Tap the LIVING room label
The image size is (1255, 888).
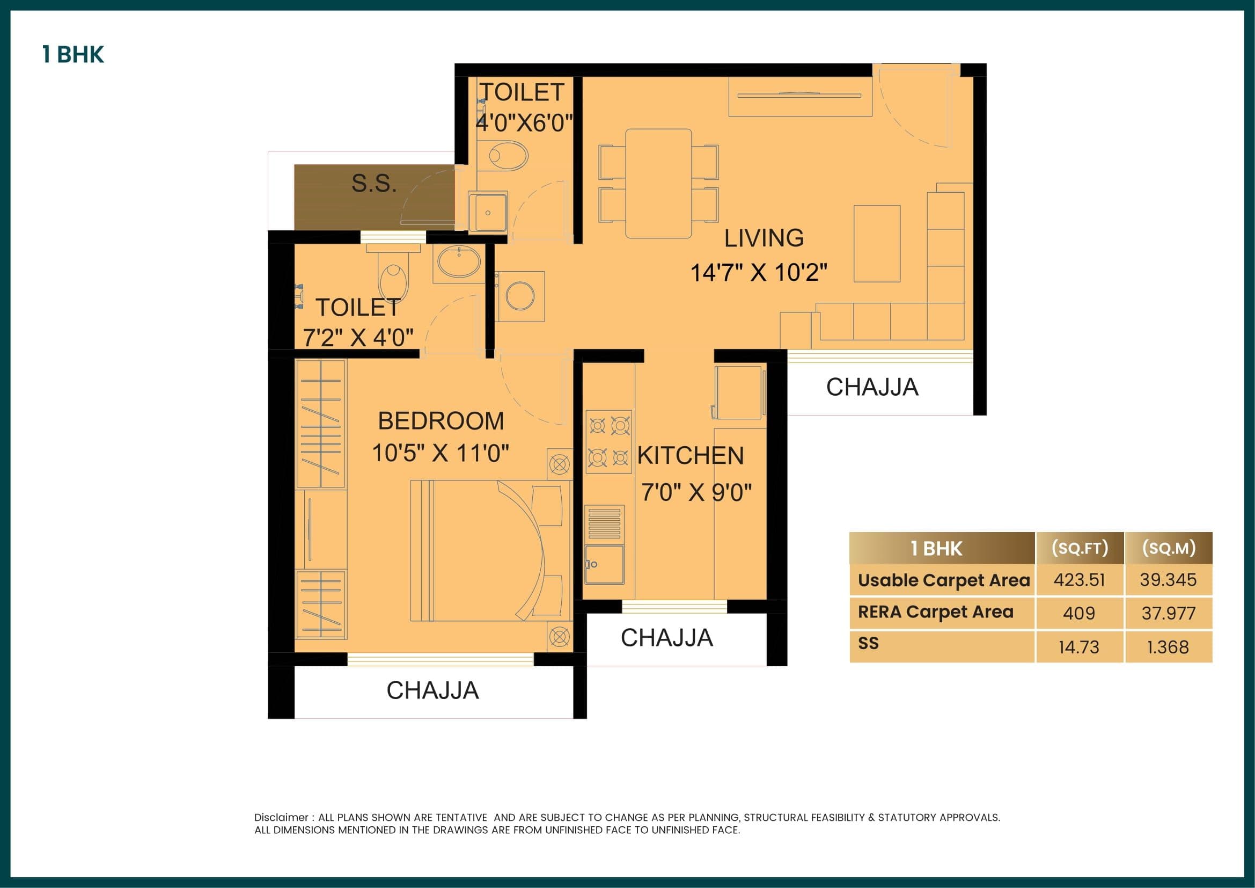coord(764,238)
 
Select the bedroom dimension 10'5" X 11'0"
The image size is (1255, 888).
coord(440,453)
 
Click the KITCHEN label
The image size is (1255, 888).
coord(691,455)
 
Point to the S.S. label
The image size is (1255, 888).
coord(374,183)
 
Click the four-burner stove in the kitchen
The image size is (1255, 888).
coord(608,441)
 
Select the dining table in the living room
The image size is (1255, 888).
coord(658,183)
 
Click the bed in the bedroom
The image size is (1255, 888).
coord(487,550)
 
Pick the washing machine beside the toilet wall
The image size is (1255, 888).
coord(520,296)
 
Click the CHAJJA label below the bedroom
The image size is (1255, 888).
coord(432,690)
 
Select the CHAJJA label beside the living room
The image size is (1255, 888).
coord(872,387)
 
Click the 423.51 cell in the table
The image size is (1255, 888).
coord(1079,580)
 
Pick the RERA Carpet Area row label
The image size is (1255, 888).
coord(935,612)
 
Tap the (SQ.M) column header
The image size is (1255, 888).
coord(1169,548)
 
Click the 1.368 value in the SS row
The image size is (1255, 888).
coord(1168,647)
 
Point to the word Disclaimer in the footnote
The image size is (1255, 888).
coord(281,818)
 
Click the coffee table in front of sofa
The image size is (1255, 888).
coord(877,243)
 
